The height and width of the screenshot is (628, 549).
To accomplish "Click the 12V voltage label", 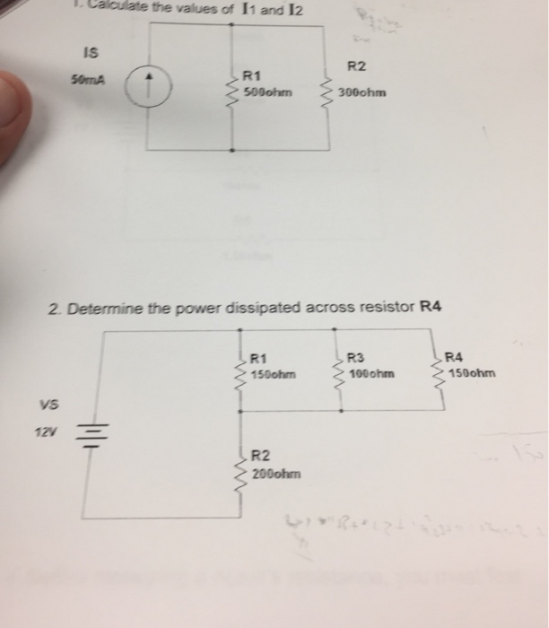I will tap(42, 433).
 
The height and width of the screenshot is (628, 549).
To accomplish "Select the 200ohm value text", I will tap(276, 471).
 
